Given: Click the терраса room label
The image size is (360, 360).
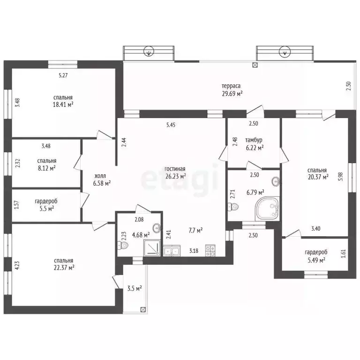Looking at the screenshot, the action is [x=231, y=86].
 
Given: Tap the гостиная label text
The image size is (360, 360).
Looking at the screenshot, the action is [x=175, y=169].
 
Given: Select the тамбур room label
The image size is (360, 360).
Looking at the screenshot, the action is [x=254, y=140].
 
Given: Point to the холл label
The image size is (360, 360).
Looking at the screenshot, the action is [x=100, y=176].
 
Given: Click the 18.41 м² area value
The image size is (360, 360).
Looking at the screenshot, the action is [x=63, y=105].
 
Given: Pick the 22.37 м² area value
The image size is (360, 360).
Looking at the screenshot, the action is [x=64, y=268].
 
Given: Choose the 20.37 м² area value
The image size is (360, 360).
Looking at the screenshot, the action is [x=318, y=177].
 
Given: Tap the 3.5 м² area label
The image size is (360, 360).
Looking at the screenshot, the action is [x=135, y=288].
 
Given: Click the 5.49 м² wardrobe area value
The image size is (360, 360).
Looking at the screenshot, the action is [x=316, y=260].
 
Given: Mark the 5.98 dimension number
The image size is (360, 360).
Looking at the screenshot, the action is [x=341, y=177].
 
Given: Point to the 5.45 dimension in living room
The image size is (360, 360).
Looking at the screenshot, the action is [x=171, y=125].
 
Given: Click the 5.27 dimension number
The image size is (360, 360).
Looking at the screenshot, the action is [x=63, y=75].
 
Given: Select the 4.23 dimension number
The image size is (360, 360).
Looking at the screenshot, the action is [x=17, y=266].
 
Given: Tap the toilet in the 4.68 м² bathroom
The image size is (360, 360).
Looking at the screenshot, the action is [x=123, y=246].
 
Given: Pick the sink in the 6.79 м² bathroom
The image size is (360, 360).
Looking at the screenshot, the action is [x=276, y=182].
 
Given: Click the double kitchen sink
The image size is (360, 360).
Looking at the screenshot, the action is [x=172, y=251].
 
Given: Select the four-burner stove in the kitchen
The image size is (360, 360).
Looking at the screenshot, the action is [x=210, y=250].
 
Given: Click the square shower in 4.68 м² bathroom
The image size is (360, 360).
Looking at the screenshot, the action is [x=151, y=248].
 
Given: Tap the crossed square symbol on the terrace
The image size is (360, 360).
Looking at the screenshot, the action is [x=255, y=65].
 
